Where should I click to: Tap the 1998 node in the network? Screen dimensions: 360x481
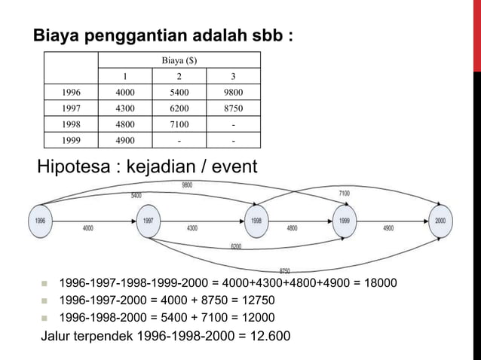257,221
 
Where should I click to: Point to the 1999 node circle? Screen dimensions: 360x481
345,221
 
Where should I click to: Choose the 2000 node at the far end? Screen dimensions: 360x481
440,221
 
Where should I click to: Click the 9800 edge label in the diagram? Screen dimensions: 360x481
186,185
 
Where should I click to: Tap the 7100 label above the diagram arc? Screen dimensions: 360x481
344,194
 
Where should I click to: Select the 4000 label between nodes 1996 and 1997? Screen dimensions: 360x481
88,227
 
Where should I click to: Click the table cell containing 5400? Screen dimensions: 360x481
179,93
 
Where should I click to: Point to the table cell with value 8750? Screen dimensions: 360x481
233,108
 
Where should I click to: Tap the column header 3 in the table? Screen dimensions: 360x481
233,76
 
